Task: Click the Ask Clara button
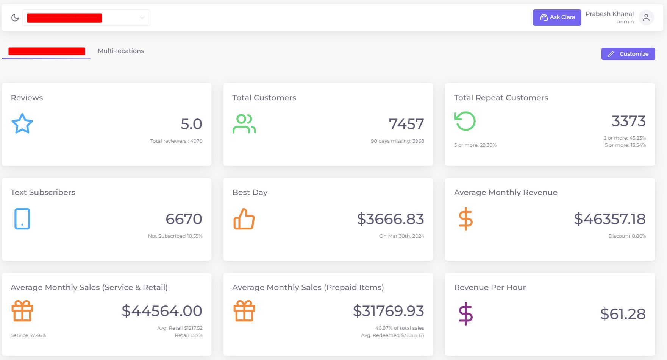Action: [x=557, y=17]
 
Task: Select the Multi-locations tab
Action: [x=121, y=51]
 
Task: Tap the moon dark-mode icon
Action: [x=15, y=18]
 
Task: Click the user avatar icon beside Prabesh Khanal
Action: [x=646, y=18]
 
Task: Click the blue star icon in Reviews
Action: [x=22, y=123]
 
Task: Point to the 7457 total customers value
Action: [x=406, y=124]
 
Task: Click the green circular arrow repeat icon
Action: [x=465, y=121]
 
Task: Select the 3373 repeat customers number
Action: [x=628, y=121]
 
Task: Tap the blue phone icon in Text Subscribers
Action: [x=22, y=219]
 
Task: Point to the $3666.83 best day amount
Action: [x=390, y=219]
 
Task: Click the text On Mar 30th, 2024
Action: [x=401, y=236]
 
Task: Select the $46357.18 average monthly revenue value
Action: [x=609, y=219]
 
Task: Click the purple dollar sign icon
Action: [x=465, y=314]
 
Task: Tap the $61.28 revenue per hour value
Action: [x=623, y=314]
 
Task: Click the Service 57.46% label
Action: [x=28, y=335]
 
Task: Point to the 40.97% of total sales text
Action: [x=400, y=328]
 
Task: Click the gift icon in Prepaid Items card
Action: [x=244, y=311]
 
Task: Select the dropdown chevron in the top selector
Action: [x=142, y=18]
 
